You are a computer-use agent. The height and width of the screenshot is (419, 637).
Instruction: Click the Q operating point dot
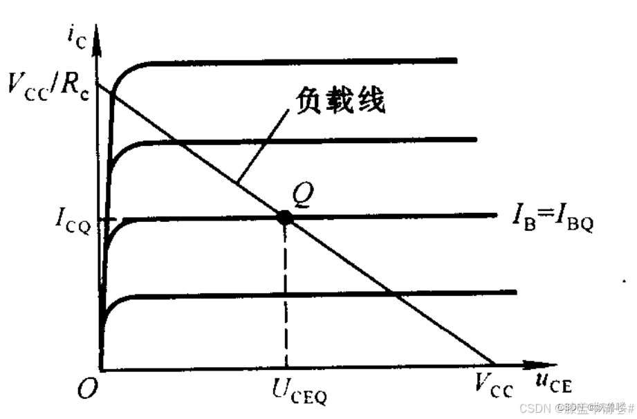pos(284,217)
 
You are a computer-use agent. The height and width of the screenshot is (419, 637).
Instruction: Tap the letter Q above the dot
pos(303,194)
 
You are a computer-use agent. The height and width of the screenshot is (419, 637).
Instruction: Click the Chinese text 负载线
pos(340,102)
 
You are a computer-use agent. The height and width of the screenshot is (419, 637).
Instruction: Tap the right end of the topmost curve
pos(456,61)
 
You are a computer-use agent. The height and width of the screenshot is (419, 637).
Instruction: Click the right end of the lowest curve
pos(515,292)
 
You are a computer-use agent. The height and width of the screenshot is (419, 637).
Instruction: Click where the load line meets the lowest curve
pos(394,294)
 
